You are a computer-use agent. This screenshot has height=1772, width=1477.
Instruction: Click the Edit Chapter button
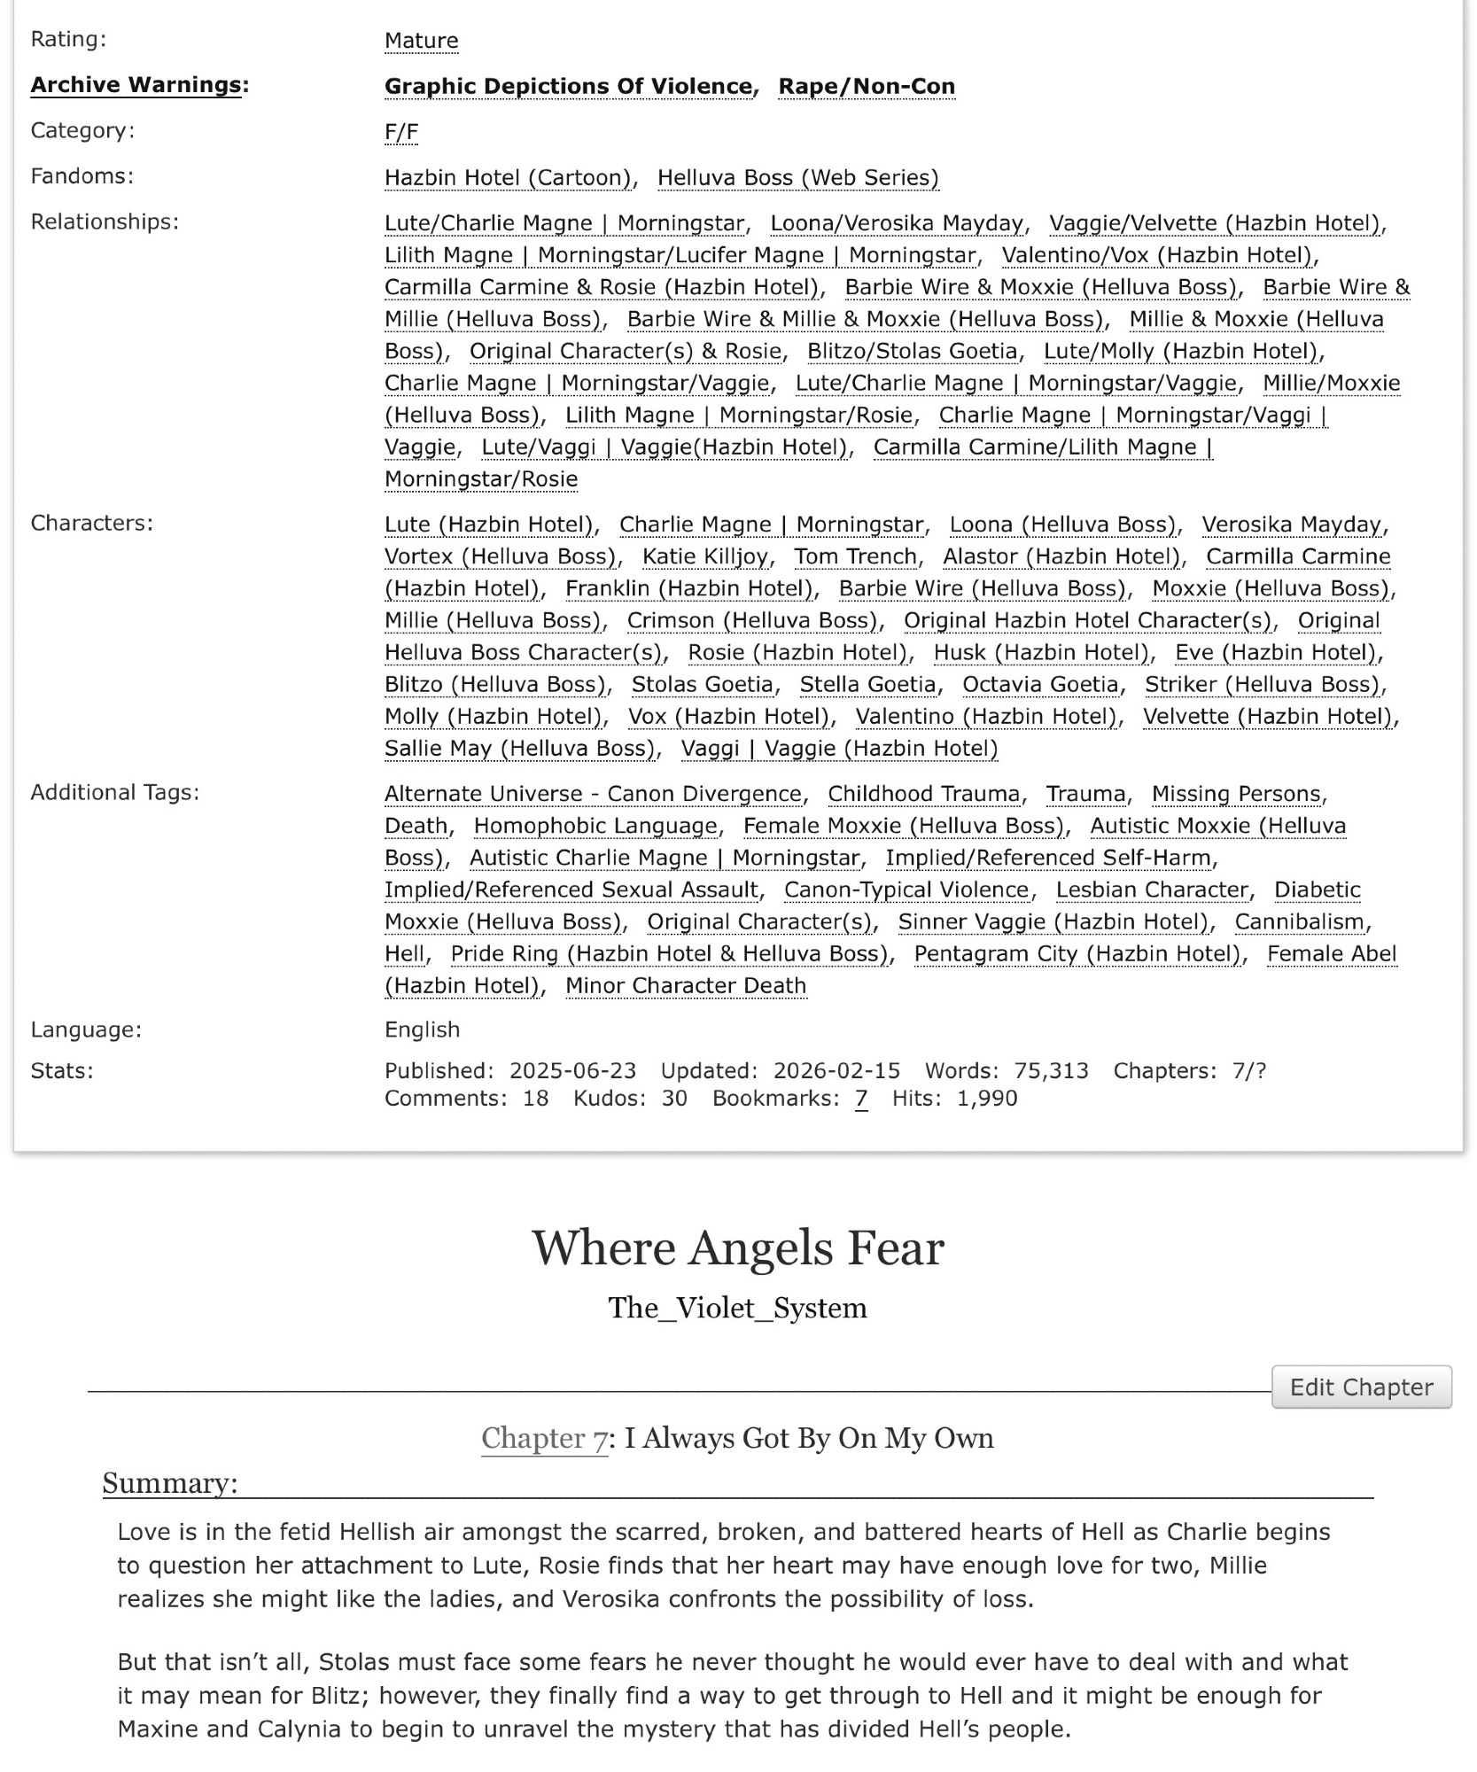click(x=1360, y=1387)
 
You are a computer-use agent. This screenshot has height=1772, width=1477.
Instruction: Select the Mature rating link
click(x=421, y=41)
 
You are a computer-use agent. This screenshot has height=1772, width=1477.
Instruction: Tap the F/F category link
click(x=400, y=132)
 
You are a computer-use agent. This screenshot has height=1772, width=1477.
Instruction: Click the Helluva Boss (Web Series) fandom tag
click(x=797, y=178)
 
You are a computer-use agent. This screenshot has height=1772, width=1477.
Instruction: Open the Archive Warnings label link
click(x=136, y=85)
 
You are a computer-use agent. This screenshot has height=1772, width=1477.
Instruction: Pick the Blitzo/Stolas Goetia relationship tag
click(x=912, y=352)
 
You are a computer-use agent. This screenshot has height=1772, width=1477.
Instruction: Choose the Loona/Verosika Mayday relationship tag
click(x=896, y=223)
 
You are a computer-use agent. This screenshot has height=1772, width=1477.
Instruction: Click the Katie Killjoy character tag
click(x=705, y=556)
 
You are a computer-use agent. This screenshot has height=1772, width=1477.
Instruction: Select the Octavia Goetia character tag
click(x=1040, y=685)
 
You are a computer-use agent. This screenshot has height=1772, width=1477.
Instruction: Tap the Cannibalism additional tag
click(x=1299, y=922)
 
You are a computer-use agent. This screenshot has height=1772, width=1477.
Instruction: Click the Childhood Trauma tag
click(x=923, y=794)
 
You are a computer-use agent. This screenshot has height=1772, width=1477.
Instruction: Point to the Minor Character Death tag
click(x=686, y=986)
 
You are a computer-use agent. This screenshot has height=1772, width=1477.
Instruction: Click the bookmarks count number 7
click(x=860, y=1099)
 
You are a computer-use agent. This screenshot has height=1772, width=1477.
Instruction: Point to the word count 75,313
click(x=1051, y=1071)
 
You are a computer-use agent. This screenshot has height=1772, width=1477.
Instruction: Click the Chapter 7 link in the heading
click(x=544, y=1438)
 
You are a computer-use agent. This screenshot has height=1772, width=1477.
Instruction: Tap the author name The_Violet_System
click(x=737, y=1308)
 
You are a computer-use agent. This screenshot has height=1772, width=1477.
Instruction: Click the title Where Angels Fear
click(x=737, y=1248)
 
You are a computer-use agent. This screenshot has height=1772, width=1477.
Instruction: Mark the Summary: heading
click(x=170, y=1483)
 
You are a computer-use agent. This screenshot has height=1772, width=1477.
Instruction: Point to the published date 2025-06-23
click(x=572, y=1071)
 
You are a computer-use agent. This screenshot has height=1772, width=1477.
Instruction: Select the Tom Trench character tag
click(x=855, y=556)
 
